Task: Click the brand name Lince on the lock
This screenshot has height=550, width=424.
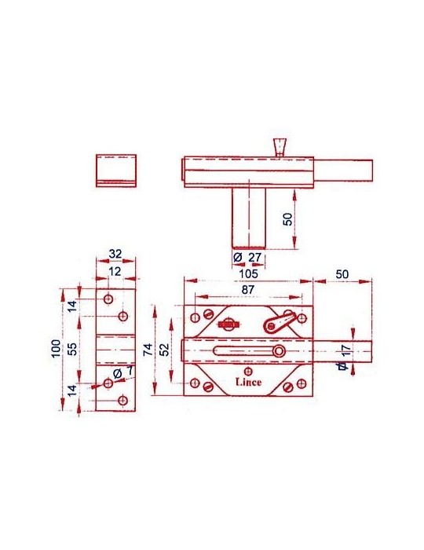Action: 248,382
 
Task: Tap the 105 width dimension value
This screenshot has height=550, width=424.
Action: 248,273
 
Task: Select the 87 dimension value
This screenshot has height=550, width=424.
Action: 248,289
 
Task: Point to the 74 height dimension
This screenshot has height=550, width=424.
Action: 148,350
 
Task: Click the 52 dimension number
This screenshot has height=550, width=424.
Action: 164,350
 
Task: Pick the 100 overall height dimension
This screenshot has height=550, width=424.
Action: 56,349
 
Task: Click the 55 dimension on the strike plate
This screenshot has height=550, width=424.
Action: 71,349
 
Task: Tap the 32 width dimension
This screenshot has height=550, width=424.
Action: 115,254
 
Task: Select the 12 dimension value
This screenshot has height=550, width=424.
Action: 115,271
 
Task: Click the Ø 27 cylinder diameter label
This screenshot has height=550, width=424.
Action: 247,257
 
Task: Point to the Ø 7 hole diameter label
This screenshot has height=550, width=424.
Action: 123,371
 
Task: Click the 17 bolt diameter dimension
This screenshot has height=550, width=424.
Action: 345,350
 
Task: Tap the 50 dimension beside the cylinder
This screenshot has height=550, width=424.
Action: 287,219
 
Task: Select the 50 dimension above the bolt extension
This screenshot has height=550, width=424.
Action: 342,274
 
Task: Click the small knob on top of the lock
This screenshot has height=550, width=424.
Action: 280,148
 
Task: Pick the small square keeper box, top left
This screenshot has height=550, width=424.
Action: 116,170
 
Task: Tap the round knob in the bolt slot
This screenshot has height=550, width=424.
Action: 279,351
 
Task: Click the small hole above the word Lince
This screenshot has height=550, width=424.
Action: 248,371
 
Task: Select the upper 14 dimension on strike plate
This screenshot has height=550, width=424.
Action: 71,306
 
